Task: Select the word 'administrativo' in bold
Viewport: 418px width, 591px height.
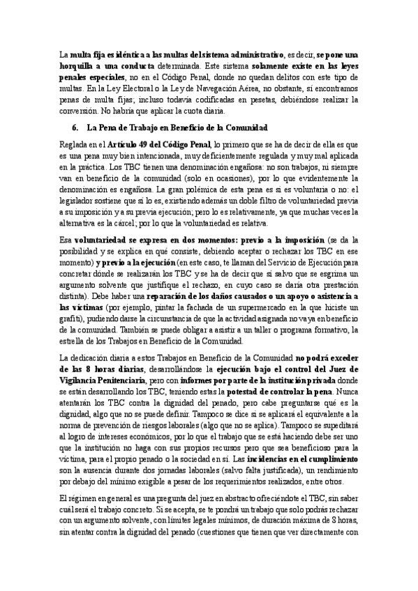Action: click(x=258, y=53)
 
